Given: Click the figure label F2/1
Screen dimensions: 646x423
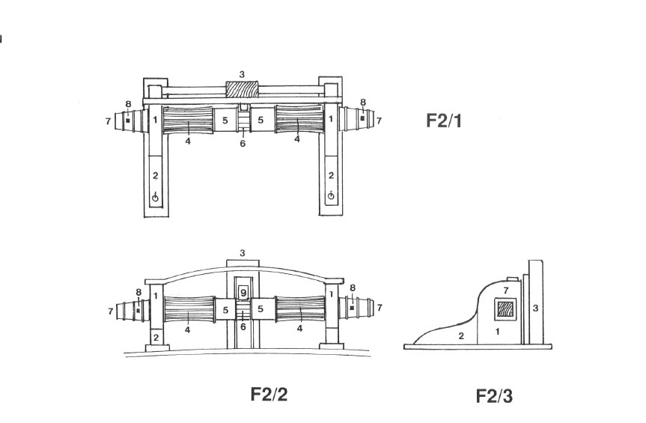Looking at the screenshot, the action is click(444, 121).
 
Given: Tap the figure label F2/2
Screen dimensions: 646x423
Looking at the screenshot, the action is click(269, 394).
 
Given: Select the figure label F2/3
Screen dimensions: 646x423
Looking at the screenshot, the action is click(494, 396).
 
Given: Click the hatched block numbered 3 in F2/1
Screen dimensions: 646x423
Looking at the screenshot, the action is click(243, 89).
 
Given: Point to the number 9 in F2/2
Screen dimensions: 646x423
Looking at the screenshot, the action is click(243, 293).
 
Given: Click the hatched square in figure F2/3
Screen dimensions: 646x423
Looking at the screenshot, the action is click(505, 309).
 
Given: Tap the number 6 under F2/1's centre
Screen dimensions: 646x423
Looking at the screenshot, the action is click(243, 143).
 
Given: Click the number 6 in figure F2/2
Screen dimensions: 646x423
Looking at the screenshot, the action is click(243, 327).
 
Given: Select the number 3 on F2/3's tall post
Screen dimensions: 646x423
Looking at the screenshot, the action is click(535, 308).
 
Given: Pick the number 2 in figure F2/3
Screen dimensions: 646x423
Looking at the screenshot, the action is click(461, 336).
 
